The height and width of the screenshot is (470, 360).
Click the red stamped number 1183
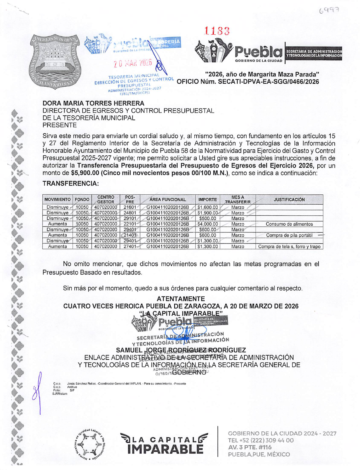tap(217, 31)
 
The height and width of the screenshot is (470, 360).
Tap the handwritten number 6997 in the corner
tap(329, 11)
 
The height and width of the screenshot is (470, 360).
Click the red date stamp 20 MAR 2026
tap(133, 63)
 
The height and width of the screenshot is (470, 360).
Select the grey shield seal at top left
tap(55, 61)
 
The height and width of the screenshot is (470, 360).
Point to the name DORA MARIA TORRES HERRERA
tap(93, 103)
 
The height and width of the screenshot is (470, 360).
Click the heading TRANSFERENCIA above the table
tap(70, 184)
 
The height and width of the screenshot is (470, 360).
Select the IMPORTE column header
tap(207, 199)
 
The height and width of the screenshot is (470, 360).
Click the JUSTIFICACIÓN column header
tap(289, 199)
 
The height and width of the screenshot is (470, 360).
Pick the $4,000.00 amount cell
tap(207, 224)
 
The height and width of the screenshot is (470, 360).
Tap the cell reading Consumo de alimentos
tap(289, 224)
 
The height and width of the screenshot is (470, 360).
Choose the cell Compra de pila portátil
tap(289, 235)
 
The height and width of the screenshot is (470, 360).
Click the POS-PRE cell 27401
tap(130, 246)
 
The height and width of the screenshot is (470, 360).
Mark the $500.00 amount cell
tap(207, 219)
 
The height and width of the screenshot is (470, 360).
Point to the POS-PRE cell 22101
tap(130, 224)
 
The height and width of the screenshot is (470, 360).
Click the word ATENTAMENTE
tap(181, 299)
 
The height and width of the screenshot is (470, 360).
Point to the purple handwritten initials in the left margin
tap(38, 391)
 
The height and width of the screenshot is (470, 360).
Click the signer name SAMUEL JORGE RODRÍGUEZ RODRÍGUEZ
tap(181, 350)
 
